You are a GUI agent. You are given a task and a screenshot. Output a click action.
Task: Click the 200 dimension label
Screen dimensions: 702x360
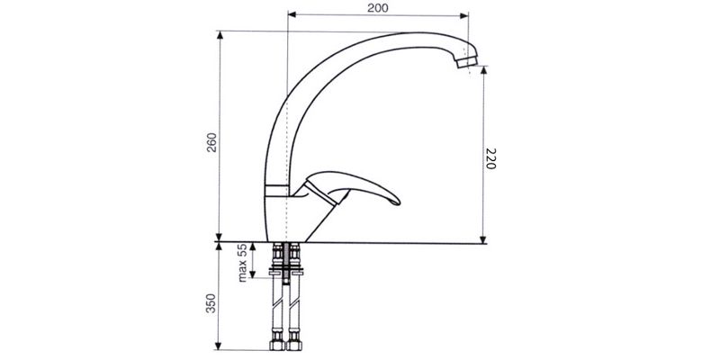point(378,7)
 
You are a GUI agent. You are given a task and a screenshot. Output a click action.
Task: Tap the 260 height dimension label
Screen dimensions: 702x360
point(211,142)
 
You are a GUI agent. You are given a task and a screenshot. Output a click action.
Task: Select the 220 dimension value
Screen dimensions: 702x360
point(490,158)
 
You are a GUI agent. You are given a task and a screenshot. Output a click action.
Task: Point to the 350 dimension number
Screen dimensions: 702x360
point(211,303)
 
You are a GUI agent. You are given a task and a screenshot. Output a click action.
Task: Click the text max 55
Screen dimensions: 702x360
point(242,263)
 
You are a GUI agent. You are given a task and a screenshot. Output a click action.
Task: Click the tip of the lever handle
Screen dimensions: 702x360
point(398,202)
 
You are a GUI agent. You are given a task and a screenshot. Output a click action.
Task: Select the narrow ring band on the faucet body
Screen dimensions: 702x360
point(276,190)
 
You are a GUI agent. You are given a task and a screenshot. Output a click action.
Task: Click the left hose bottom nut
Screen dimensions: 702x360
point(277,345)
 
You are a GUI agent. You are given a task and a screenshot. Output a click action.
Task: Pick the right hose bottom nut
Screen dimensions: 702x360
point(294,345)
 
